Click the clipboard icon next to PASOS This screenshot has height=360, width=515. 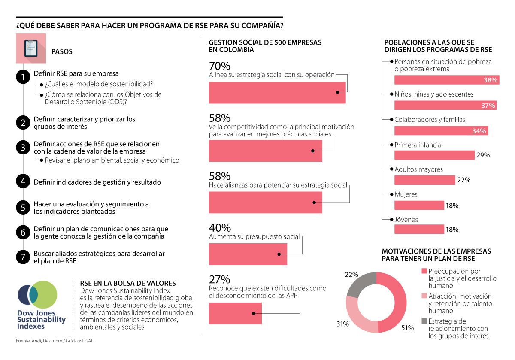(30, 48)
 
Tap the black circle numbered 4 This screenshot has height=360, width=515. (23, 182)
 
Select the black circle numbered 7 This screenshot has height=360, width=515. (23, 257)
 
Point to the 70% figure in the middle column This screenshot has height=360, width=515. (219, 66)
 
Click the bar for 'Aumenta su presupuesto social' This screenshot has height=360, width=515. (248, 254)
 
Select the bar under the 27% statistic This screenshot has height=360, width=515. (235, 313)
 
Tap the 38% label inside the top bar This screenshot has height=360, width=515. (490, 80)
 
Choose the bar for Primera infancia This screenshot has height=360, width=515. (434, 155)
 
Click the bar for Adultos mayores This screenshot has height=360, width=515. (424, 180)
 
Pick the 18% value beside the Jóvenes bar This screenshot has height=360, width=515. (452, 230)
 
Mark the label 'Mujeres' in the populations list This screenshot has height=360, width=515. (406, 194)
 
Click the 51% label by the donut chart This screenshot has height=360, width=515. (407, 328)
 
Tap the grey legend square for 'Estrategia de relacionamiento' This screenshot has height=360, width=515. (424, 321)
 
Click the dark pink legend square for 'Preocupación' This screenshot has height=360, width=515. (424, 271)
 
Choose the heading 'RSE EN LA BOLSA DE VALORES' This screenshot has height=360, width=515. (128, 283)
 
